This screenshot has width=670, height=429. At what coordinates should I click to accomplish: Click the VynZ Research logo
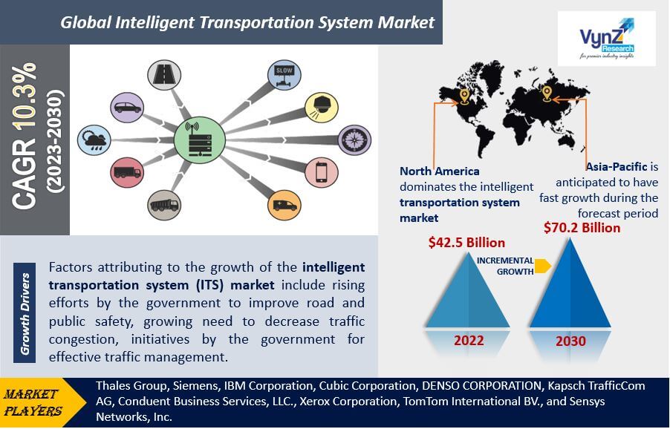[x=606, y=39]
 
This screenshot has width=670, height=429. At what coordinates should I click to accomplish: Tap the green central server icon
[x=199, y=140]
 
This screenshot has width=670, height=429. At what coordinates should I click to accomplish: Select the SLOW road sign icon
[x=284, y=75]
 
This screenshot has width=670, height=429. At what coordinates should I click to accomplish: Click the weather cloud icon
[x=94, y=140]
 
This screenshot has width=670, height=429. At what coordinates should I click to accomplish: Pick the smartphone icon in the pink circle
[x=322, y=172]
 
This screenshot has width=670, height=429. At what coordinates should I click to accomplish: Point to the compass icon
[x=354, y=140]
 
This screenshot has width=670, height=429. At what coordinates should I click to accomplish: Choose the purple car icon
[x=127, y=107]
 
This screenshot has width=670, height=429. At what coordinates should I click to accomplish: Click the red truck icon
[x=127, y=172]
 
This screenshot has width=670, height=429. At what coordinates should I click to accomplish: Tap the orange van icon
[x=284, y=205]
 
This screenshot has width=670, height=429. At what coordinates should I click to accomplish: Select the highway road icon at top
[x=164, y=75]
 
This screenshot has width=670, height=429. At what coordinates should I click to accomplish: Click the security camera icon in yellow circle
[x=322, y=107]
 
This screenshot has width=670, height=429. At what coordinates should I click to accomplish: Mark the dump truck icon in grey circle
[x=164, y=205]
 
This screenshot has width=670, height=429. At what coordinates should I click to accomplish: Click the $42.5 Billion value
[x=466, y=243]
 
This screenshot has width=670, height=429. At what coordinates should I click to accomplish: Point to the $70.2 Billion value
[x=582, y=228]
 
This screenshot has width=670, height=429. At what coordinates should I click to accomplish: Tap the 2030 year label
[x=570, y=341]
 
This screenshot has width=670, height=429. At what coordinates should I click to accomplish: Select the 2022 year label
[x=469, y=341]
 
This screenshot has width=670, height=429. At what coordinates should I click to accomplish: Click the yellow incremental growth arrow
[x=543, y=266]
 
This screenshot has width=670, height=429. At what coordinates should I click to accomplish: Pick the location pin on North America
[x=464, y=96]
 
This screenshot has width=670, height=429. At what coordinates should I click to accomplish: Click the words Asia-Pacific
[x=617, y=166]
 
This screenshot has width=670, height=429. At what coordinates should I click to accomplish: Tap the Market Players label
[x=33, y=402]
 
